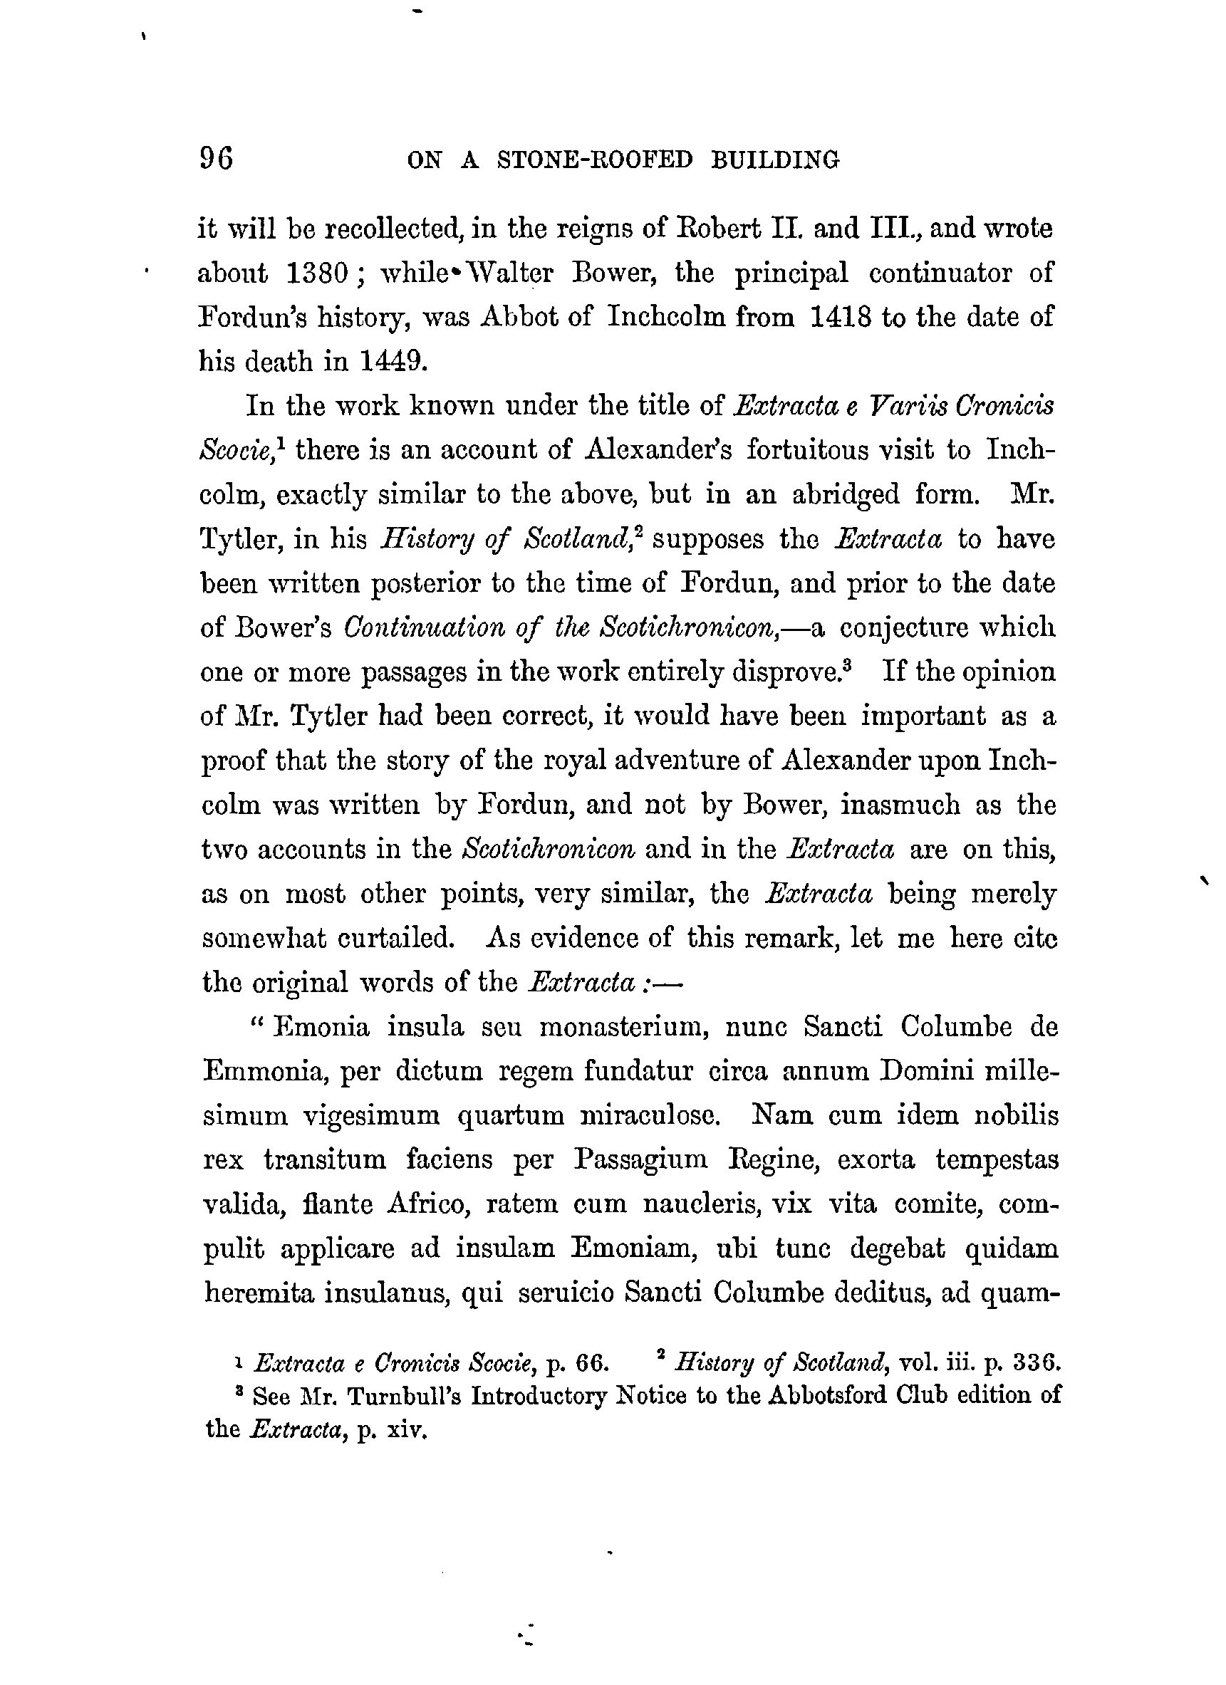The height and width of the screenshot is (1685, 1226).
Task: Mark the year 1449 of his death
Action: (x=393, y=362)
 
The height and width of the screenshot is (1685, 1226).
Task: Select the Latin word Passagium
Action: (x=640, y=1159)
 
